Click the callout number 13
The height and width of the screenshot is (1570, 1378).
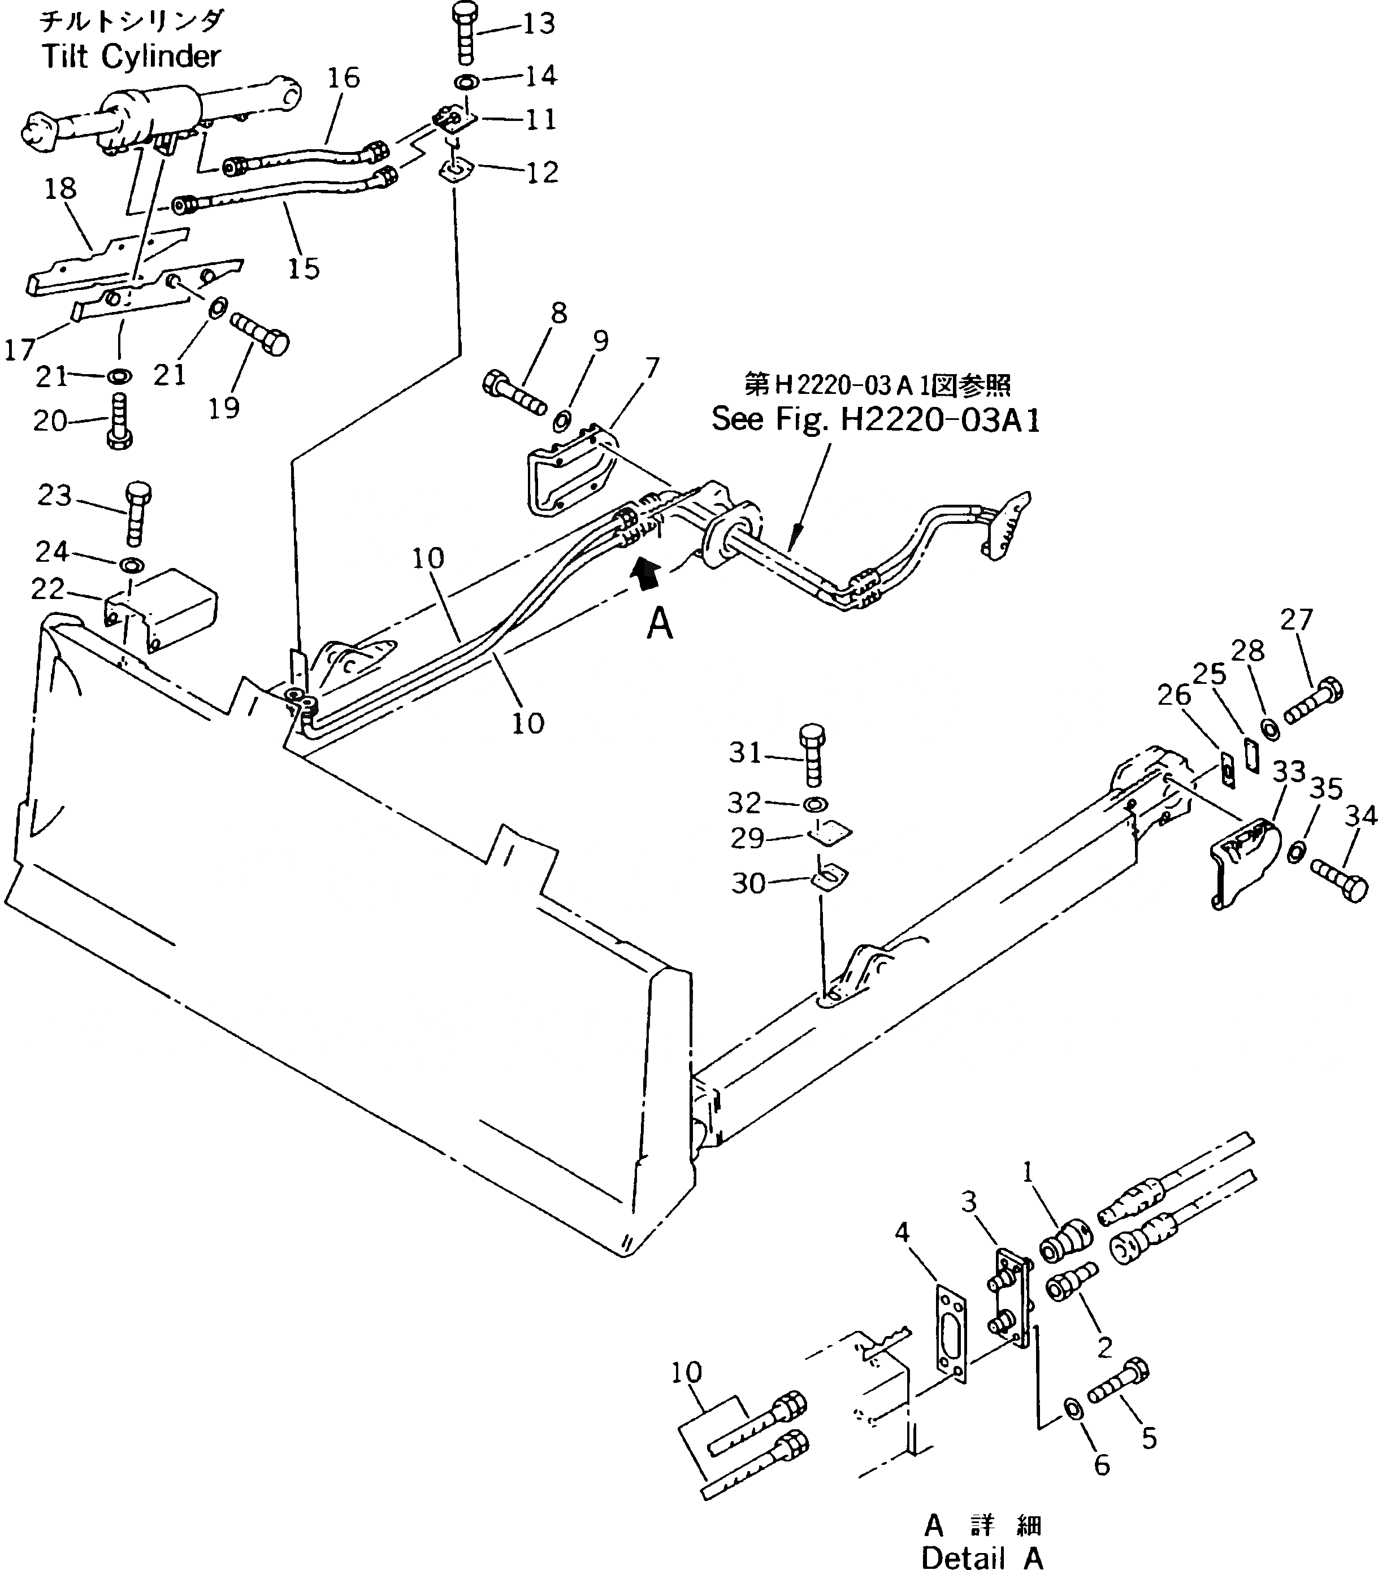tap(539, 23)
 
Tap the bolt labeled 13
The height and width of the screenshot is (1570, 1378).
tap(463, 34)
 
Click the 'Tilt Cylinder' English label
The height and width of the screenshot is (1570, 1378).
tap(131, 56)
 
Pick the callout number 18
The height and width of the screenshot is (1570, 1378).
tap(60, 188)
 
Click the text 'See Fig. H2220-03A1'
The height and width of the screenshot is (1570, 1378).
tap(875, 419)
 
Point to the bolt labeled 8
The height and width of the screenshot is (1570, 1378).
tap(514, 392)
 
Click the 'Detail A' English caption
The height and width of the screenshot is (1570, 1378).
tap(982, 1556)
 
